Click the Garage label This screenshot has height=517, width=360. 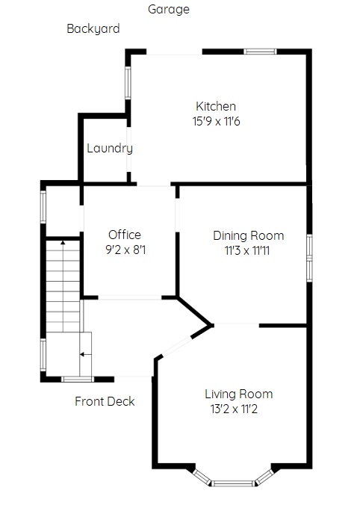[169, 9]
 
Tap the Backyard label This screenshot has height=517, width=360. [93, 28]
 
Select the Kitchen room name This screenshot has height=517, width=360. [216, 106]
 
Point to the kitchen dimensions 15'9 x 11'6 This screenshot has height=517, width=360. [217, 121]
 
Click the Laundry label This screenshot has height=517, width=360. [110, 149]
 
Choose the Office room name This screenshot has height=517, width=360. [125, 235]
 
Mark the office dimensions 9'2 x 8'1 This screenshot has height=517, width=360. [125, 250]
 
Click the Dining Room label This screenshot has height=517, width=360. [248, 236]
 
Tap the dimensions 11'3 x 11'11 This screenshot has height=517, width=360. [247, 250]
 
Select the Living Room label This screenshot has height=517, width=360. [239, 394]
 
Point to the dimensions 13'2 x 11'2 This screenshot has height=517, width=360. [234, 409]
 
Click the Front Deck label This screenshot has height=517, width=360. [105, 401]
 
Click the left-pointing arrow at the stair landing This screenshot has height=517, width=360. [85, 354]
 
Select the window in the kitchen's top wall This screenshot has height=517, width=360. [260, 51]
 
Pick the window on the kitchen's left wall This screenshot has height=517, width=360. [128, 83]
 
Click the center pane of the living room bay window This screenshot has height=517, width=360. [233, 483]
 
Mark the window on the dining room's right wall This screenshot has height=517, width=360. [309, 258]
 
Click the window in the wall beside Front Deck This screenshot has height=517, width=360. [78, 380]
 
